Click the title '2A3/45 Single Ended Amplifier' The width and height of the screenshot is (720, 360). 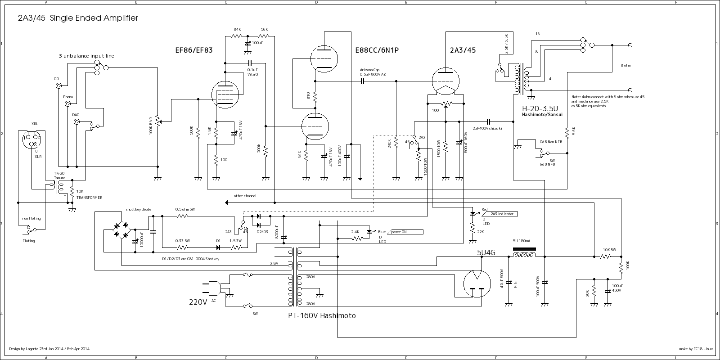[78, 18]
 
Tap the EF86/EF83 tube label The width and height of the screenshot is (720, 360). [193, 50]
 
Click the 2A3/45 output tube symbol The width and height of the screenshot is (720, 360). [445, 81]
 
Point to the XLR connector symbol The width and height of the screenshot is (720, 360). [31, 139]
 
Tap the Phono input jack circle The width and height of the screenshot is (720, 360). [68, 104]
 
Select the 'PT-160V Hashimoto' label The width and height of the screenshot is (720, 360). [322, 316]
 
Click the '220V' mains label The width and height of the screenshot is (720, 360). [198, 302]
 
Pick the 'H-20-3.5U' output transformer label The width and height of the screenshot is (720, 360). [540, 109]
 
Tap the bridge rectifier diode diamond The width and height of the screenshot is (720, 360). [121, 229]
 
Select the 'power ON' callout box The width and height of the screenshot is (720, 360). [405, 232]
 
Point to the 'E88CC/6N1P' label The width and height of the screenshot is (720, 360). [377, 50]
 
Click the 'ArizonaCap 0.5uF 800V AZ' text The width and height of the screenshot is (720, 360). [373, 72]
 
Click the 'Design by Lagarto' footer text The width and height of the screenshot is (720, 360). [49, 349]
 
